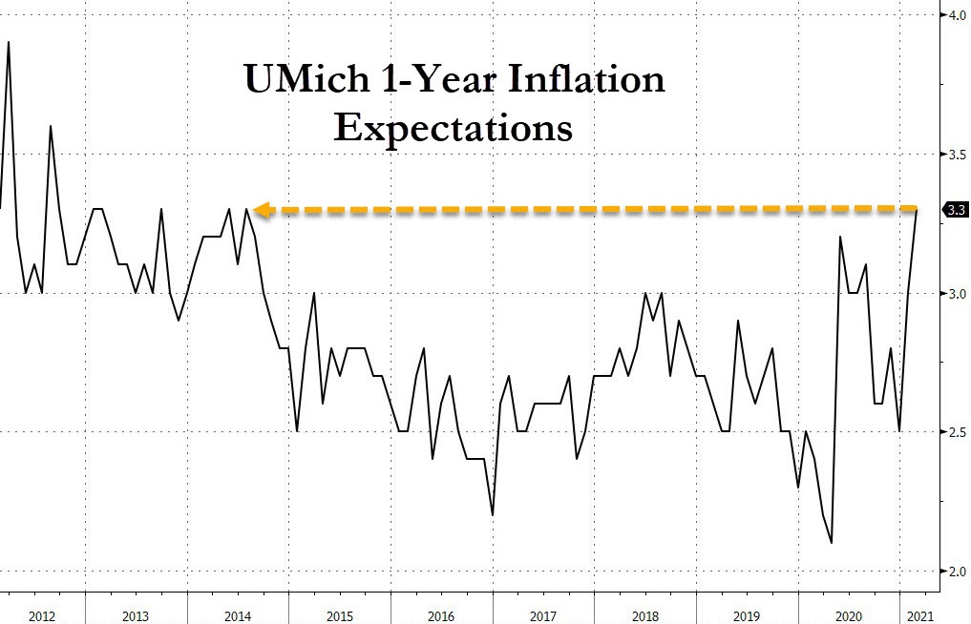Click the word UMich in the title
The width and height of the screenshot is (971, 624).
(x=300, y=78)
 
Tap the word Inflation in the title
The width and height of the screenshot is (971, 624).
(x=581, y=78)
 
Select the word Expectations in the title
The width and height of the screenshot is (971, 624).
(x=453, y=127)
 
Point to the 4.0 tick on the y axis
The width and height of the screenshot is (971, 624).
(x=955, y=15)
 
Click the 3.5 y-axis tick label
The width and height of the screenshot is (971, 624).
(x=955, y=155)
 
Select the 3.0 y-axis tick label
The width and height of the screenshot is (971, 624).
(x=955, y=294)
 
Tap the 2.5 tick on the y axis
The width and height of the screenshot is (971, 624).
(x=955, y=432)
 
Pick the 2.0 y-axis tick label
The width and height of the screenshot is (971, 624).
(x=955, y=572)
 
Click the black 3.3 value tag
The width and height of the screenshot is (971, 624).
(x=955, y=210)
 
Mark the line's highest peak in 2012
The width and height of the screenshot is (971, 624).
(x=9, y=42)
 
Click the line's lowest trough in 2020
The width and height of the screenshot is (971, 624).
(x=832, y=543)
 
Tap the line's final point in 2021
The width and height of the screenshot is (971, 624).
(x=918, y=209)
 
